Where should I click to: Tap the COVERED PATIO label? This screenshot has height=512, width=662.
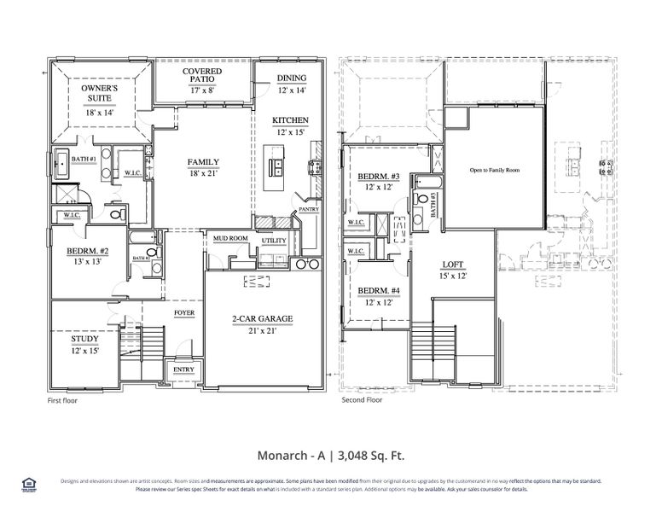point(202,72)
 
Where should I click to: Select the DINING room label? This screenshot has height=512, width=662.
point(291,78)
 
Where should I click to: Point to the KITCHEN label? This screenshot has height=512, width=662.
point(290,120)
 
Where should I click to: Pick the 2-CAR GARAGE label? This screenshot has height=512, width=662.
point(262,319)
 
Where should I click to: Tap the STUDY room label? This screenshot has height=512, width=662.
point(84,339)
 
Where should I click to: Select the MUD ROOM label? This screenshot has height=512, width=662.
point(229,239)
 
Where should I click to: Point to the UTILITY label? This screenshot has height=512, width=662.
point(274,241)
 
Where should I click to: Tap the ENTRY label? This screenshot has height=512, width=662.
point(183,369)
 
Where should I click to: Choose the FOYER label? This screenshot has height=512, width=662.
point(184,313)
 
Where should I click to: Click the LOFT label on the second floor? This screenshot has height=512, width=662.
point(452,265)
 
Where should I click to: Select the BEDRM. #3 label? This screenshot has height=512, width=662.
point(375,177)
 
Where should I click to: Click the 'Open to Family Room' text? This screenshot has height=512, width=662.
point(494,170)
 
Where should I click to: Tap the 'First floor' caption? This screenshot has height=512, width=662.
point(61,399)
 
